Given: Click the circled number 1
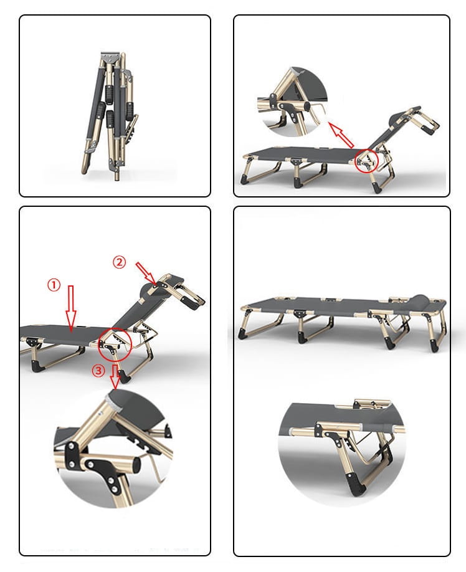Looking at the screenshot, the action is pyautogui.click(x=54, y=285).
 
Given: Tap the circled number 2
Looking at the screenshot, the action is pyautogui.click(x=119, y=262).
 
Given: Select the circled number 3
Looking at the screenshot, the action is pyautogui.click(x=98, y=371).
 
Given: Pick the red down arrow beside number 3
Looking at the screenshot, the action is pyautogui.click(x=115, y=377).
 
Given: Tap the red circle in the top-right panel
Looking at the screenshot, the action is pyautogui.click(x=367, y=160).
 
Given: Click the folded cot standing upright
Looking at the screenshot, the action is pyautogui.click(x=110, y=116).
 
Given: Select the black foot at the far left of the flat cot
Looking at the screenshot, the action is pyautogui.click(x=242, y=334).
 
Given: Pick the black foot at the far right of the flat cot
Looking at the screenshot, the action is pyautogui.click(x=434, y=345).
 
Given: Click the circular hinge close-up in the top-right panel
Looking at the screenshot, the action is pyautogui.click(x=295, y=102).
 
